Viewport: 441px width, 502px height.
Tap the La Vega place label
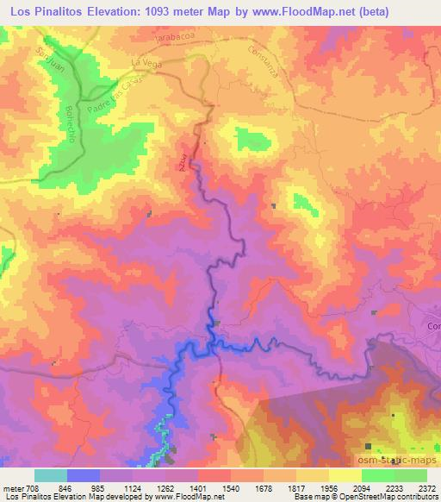coord(146,63)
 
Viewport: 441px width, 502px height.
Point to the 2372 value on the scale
coord(426,486)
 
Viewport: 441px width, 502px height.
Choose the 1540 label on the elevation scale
coord(229,486)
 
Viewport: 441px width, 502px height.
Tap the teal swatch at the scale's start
coord(51,475)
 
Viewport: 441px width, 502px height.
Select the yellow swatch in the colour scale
coord(345,475)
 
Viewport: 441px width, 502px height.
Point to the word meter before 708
coord(16,486)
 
